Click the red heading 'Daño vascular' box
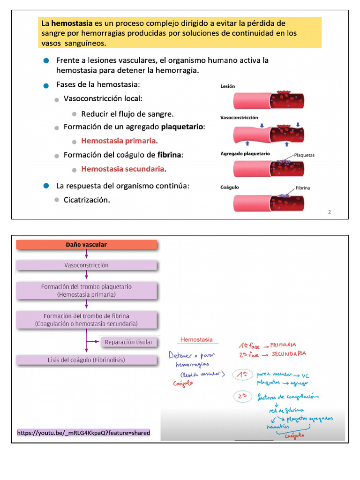point(86,245)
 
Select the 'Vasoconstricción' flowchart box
point(86,265)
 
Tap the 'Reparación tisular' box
point(129,342)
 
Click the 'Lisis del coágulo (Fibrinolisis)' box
point(86,360)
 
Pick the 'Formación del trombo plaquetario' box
point(86,291)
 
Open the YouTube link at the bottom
point(84,433)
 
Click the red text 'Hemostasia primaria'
point(119,141)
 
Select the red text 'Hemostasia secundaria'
point(123,169)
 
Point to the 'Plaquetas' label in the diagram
point(304,155)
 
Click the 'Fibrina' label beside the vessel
point(303,188)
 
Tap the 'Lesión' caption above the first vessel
point(228,86)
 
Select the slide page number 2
point(329,212)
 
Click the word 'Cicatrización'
point(87,200)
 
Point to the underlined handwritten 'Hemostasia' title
point(196,339)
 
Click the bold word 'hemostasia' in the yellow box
point(72,23)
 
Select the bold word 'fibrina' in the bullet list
point(169,155)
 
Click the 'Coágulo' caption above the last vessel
point(230,187)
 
